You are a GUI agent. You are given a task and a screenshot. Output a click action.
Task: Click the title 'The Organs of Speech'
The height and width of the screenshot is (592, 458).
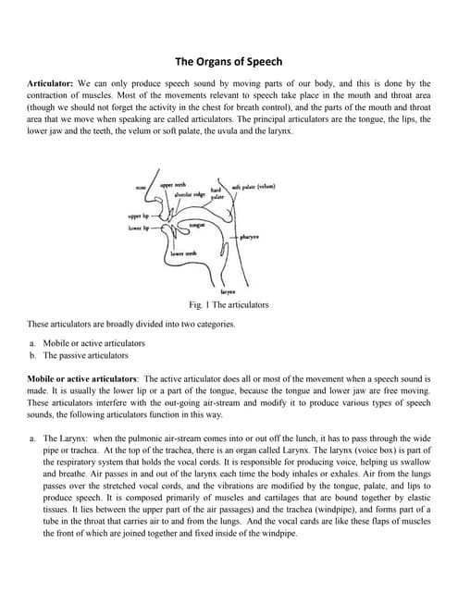pyautogui.click(x=229, y=62)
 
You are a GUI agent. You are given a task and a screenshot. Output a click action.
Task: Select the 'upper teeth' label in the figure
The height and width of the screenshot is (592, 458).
pyautogui.click(x=173, y=185)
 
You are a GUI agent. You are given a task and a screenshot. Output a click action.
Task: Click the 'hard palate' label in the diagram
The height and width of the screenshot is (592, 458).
pyautogui.click(x=217, y=194)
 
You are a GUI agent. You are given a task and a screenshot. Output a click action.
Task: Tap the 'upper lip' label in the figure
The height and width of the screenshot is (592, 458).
pyautogui.click(x=139, y=216)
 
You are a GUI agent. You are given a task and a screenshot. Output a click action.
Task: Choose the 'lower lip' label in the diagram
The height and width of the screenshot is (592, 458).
pyautogui.click(x=139, y=227)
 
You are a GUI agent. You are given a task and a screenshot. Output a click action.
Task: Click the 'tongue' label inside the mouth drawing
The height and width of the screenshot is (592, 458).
pyautogui.click(x=196, y=225)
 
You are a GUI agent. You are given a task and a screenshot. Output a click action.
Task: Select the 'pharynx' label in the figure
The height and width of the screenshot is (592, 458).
pyautogui.click(x=249, y=238)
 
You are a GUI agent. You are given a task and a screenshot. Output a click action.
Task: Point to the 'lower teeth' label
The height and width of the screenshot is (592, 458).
pyautogui.click(x=183, y=253)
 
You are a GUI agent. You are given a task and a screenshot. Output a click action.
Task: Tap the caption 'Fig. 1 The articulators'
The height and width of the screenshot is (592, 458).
pyautogui.click(x=228, y=304)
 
